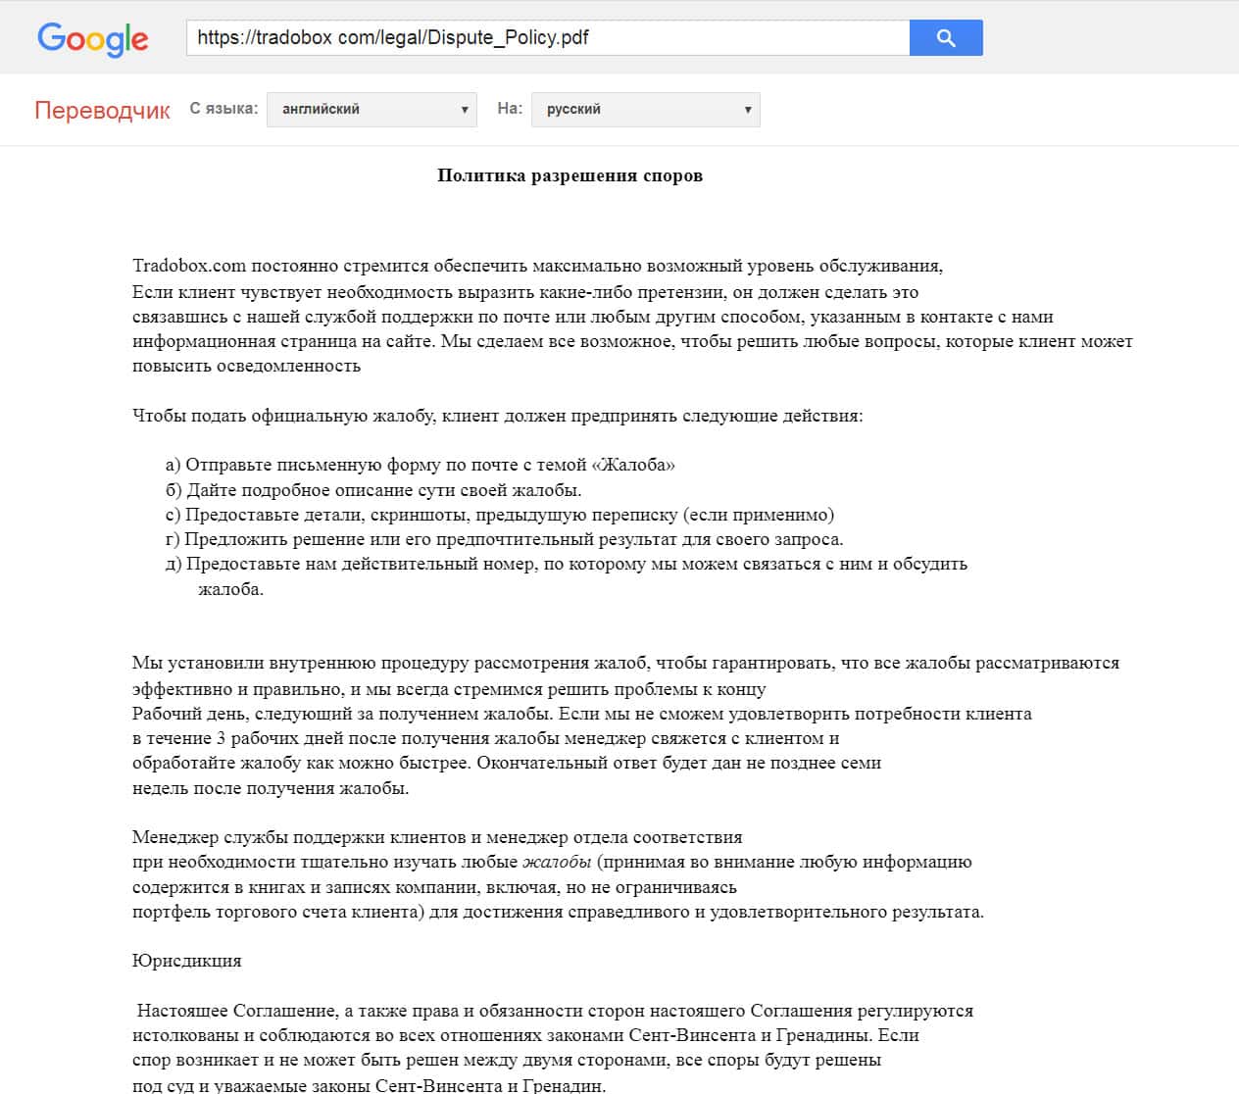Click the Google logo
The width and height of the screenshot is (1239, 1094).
pyautogui.click(x=93, y=38)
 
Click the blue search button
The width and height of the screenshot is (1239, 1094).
pyautogui.click(x=945, y=38)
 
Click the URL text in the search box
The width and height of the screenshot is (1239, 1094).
pyautogui.click(x=393, y=38)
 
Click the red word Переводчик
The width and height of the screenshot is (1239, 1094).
pyautogui.click(x=102, y=110)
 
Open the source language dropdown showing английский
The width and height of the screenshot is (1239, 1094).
pyautogui.click(x=372, y=109)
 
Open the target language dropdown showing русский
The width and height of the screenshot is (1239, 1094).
pyautogui.click(x=645, y=109)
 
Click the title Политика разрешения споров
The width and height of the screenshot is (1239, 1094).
pyautogui.click(x=570, y=176)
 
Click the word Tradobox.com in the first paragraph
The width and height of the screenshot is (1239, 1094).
pyautogui.click(x=189, y=266)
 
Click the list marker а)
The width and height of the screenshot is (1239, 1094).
pyautogui.click(x=173, y=465)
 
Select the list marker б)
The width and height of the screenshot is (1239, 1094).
pyautogui.click(x=173, y=490)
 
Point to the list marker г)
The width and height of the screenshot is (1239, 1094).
pyautogui.click(x=173, y=539)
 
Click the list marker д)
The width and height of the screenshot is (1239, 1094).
pyautogui.click(x=173, y=564)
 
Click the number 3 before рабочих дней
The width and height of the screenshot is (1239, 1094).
pyautogui.click(x=222, y=738)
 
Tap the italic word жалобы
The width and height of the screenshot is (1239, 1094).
pyautogui.click(x=557, y=863)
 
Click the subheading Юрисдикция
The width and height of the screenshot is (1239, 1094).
pyautogui.click(x=186, y=961)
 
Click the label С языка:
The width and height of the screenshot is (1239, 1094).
pyautogui.click(x=223, y=108)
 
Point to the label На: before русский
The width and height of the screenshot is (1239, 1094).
pyautogui.click(x=510, y=108)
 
